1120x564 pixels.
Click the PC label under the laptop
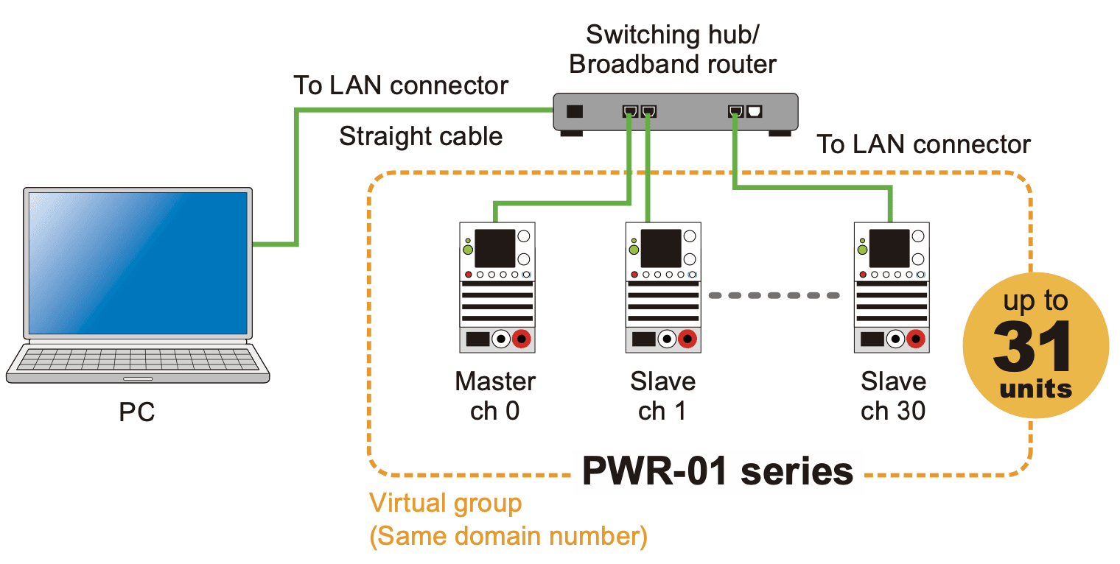(x=137, y=412)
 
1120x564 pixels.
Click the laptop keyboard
(x=138, y=359)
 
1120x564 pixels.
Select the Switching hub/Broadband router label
(x=672, y=49)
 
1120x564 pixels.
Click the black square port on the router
(x=574, y=112)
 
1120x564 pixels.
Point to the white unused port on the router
(x=755, y=112)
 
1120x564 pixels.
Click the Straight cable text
(x=421, y=136)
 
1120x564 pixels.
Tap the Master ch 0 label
(x=495, y=396)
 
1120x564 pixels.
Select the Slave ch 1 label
(x=662, y=396)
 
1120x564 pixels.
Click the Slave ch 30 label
(x=893, y=396)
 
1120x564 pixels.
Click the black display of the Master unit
(x=494, y=248)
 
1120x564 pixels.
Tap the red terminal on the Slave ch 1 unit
(x=687, y=339)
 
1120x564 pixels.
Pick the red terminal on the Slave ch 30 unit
(x=916, y=339)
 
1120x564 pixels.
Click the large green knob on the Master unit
(x=468, y=250)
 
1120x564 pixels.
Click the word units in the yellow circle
(x=1035, y=388)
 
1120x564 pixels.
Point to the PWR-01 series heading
(x=718, y=470)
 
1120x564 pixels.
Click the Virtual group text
(x=445, y=504)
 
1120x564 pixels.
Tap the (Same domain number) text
(x=508, y=536)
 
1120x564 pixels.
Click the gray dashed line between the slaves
(x=774, y=295)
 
